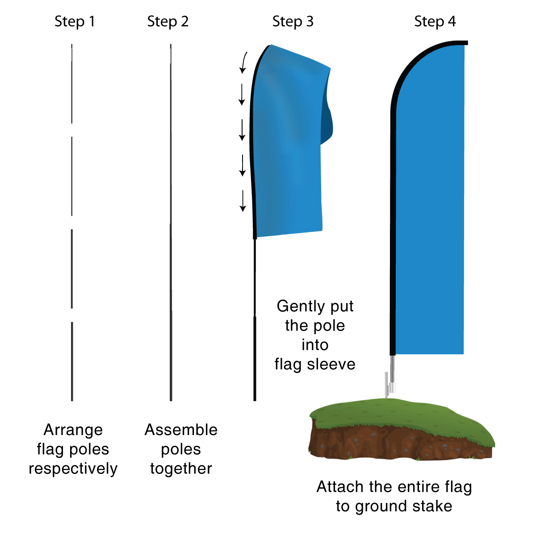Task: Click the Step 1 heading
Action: (x=75, y=21)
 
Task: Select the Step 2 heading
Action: (x=167, y=21)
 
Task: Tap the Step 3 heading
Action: (x=293, y=21)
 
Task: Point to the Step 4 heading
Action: (x=435, y=21)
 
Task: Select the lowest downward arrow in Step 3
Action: (x=243, y=201)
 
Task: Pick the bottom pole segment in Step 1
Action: (x=72, y=361)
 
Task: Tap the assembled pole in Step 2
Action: (x=171, y=223)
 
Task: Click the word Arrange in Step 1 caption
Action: (x=73, y=430)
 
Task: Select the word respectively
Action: (x=73, y=469)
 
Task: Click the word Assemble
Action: (x=181, y=430)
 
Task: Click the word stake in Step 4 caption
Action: (x=431, y=506)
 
